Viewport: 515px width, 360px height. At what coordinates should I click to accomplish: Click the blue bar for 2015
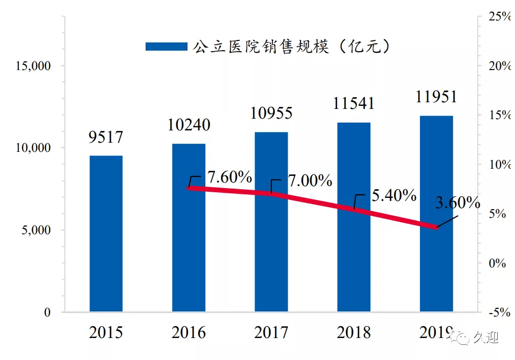pyautogui.click(x=106, y=233)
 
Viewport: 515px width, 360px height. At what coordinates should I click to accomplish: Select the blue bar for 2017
pyautogui.click(x=271, y=222)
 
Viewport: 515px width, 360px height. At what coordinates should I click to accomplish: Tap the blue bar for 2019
pyautogui.click(x=436, y=214)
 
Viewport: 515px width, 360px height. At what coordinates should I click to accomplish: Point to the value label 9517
pyautogui.click(x=106, y=137)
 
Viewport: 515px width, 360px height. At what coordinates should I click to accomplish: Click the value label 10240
pyautogui.click(x=189, y=125)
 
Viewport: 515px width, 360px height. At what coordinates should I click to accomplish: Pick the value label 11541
pyautogui.click(x=354, y=104)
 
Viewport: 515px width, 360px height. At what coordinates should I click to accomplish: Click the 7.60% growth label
pyautogui.click(x=229, y=177)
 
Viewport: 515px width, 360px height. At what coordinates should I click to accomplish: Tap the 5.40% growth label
pyautogui.click(x=394, y=195)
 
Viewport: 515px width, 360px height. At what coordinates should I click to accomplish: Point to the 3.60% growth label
pyautogui.click(x=458, y=202)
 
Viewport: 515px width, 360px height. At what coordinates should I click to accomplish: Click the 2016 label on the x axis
pyautogui.click(x=189, y=332)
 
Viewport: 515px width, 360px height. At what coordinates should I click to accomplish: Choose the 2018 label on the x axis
pyautogui.click(x=354, y=332)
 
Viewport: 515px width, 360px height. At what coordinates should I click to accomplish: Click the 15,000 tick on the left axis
pyautogui.click(x=33, y=66)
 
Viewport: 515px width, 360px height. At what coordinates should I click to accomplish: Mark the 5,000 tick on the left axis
pyautogui.click(x=36, y=230)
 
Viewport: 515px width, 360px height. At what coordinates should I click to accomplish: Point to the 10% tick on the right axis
pyautogui.click(x=500, y=164)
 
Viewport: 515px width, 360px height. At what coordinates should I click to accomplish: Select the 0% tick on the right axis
pyautogui.click(x=497, y=263)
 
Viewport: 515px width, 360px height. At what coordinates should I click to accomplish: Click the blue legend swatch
pyautogui.click(x=167, y=47)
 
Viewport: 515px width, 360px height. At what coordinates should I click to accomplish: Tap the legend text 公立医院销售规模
pyautogui.click(x=261, y=47)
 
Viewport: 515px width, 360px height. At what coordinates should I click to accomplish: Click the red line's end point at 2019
pyautogui.click(x=436, y=227)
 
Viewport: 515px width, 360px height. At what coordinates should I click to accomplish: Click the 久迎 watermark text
pyautogui.click(x=486, y=337)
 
